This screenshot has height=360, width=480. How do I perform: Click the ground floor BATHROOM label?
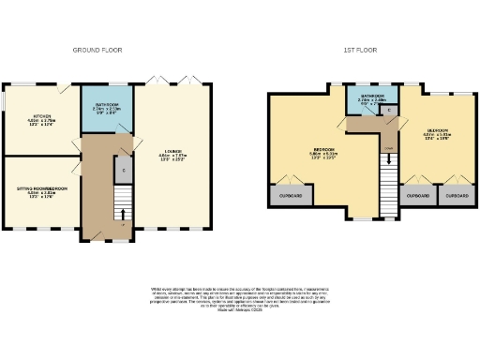[105, 109]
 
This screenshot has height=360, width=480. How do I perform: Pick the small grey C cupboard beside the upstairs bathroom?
[387, 111]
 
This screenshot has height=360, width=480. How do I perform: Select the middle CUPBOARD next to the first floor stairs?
[419, 195]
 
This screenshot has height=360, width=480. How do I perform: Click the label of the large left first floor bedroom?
[323, 153]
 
